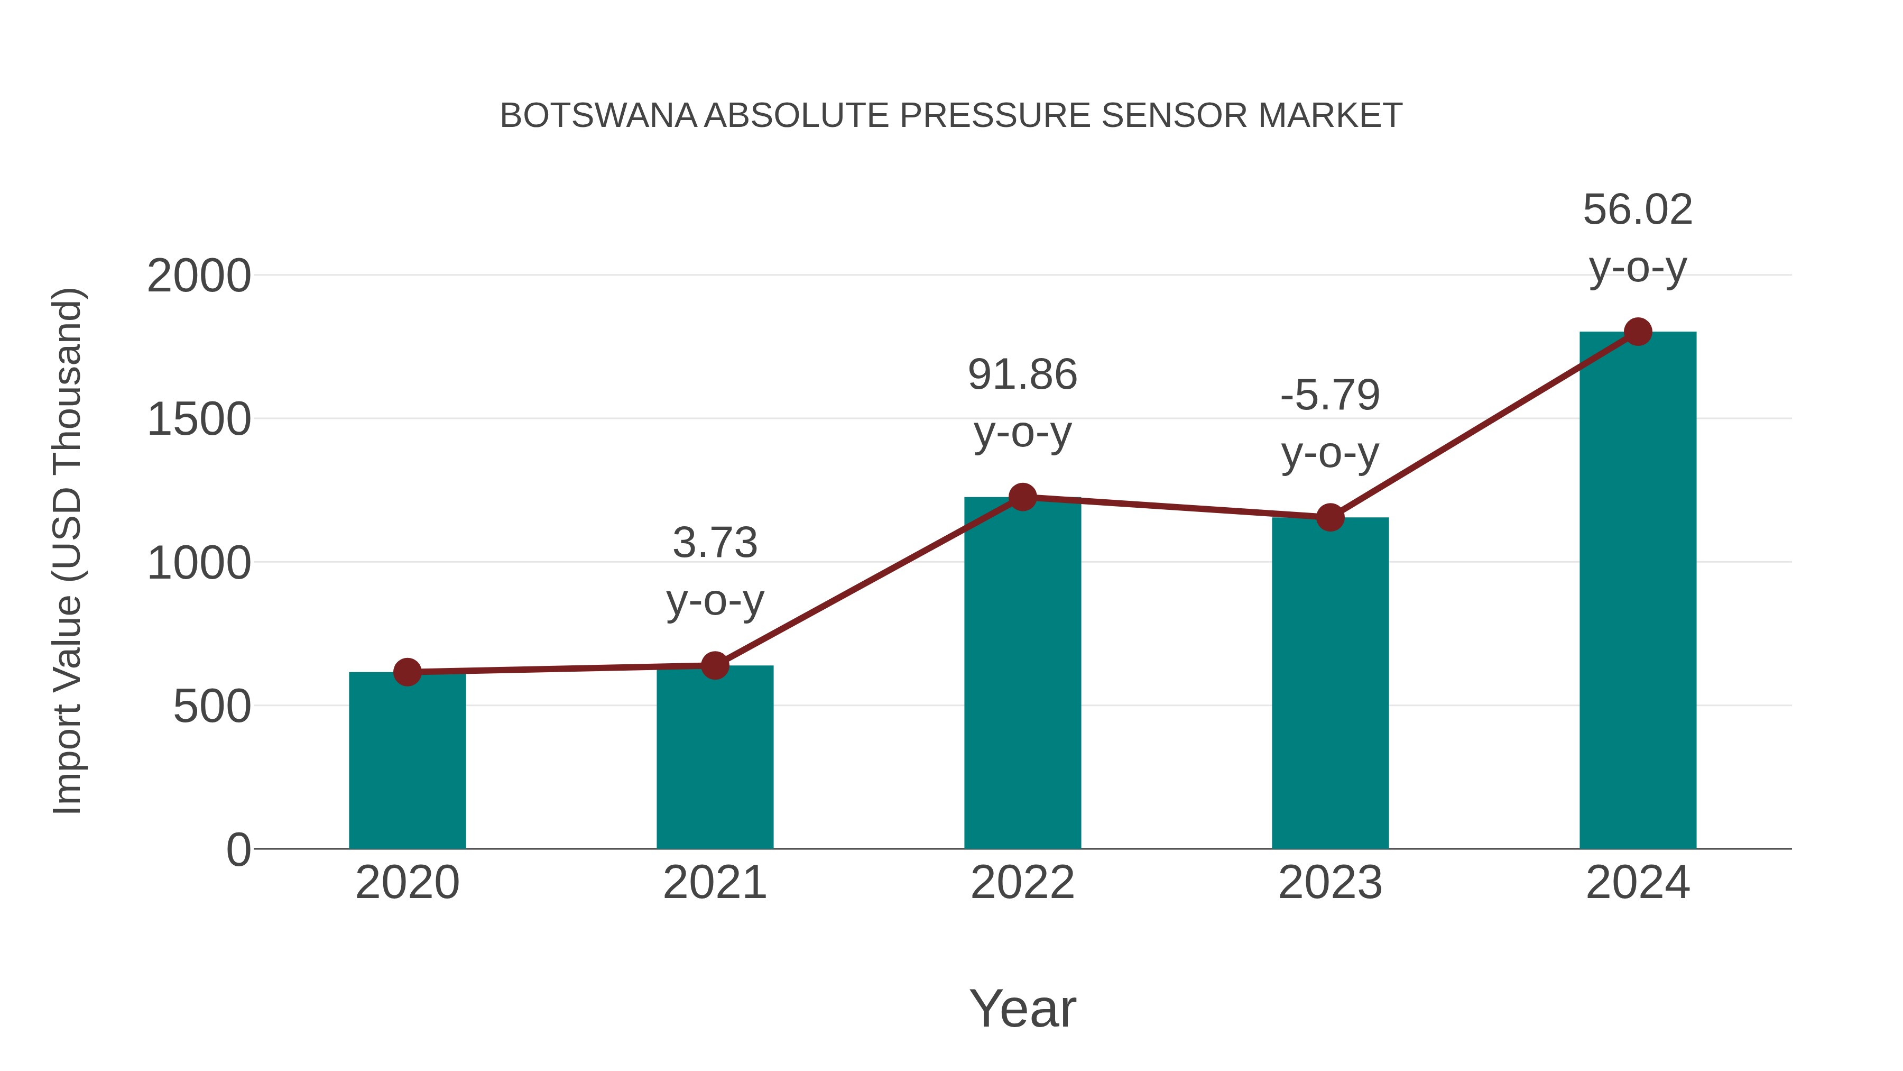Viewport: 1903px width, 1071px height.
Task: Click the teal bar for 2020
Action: [x=407, y=761]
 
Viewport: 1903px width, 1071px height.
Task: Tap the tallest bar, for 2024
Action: [x=1638, y=591]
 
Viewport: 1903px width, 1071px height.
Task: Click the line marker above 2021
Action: [x=714, y=665]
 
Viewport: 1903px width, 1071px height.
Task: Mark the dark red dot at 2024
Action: [x=1638, y=332]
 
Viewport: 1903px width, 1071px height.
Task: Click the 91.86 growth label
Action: [x=1022, y=375]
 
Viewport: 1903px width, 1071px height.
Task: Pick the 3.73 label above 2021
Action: [x=714, y=543]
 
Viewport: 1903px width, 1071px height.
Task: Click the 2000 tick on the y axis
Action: [x=199, y=277]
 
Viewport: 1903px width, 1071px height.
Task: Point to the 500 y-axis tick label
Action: [x=212, y=707]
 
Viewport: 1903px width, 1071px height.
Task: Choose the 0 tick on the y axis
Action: [x=238, y=850]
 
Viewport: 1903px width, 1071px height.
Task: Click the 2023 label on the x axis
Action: [x=1330, y=883]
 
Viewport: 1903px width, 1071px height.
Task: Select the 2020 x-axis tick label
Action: [x=407, y=883]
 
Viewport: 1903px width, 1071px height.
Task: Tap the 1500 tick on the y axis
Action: [x=199, y=420]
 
